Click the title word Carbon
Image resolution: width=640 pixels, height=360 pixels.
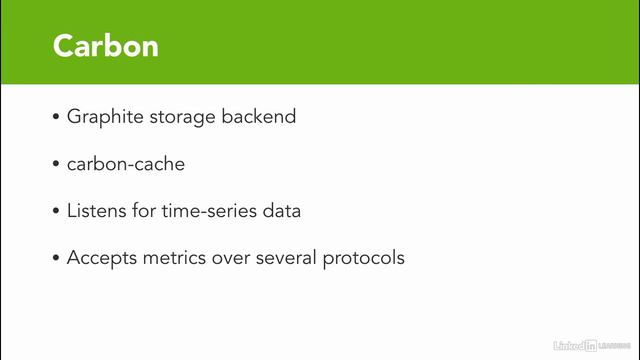[105, 45]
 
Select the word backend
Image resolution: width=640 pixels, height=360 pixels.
[262, 117]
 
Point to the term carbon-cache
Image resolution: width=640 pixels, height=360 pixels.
[126, 164]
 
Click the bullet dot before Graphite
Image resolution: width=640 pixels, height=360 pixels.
[56, 117]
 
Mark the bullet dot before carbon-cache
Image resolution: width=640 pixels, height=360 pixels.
[56, 164]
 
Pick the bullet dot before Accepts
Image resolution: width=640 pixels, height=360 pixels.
[56, 257]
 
